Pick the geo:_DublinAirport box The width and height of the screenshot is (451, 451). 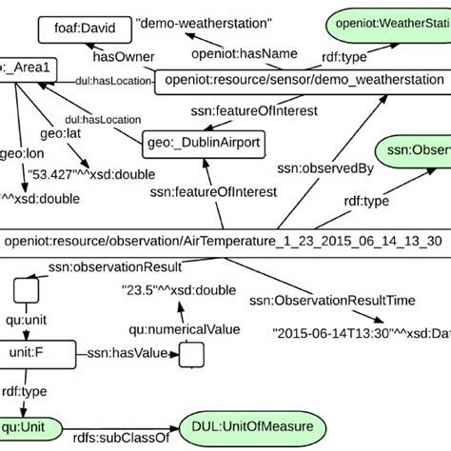point(202,144)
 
